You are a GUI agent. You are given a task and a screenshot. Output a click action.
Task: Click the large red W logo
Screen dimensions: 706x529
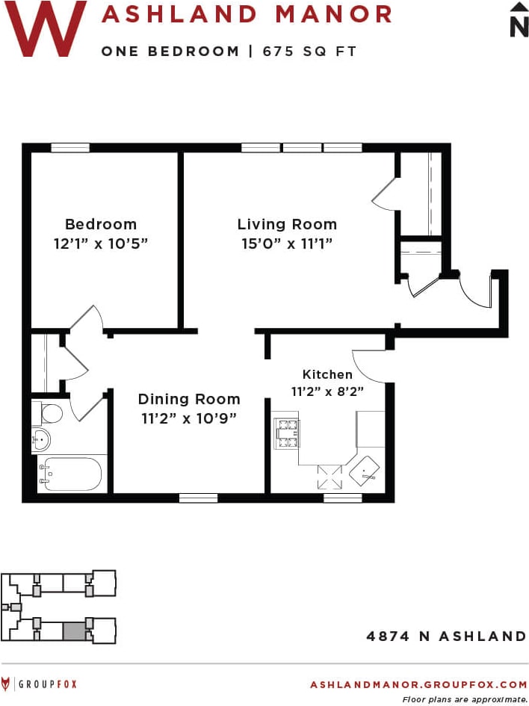pyautogui.click(x=46, y=28)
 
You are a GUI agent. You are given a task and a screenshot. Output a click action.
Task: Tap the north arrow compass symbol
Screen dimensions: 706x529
pyautogui.click(x=519, y=19)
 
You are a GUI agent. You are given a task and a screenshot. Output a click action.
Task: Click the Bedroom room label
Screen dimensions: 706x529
pyautogui.click(x=101, y=224)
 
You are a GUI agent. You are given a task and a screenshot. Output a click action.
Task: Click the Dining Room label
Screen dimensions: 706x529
pyautogui.click(x=189, y=399)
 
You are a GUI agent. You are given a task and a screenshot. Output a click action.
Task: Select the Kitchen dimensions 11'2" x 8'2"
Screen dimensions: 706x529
pyautogui.click(x=327, y=391)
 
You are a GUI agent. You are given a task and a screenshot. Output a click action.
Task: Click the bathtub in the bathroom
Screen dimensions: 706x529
pyautogui.click(x=70, y=474)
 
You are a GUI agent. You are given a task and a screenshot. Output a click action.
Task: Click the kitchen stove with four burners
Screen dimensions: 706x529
pyautogui.click(x=288, y=434)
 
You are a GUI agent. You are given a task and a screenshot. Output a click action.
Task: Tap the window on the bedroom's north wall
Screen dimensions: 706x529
pyautogui.click(x=70, y=148)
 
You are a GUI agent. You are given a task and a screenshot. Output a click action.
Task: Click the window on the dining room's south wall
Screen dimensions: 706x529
pyautogui.click(x=198, y=498)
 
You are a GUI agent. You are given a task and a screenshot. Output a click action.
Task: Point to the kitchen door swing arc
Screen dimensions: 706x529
pyautogui.click(x=368, y=366)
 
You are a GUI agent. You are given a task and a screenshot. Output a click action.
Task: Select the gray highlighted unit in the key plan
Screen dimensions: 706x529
pyautogui.click(x=73, y=631)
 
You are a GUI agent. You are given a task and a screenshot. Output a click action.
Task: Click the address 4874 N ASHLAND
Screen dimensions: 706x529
pyautogui.click(x=446, y=637)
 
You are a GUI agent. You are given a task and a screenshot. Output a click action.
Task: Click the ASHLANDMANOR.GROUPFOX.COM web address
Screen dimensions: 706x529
pyautogui.click(x=418, y=684)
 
